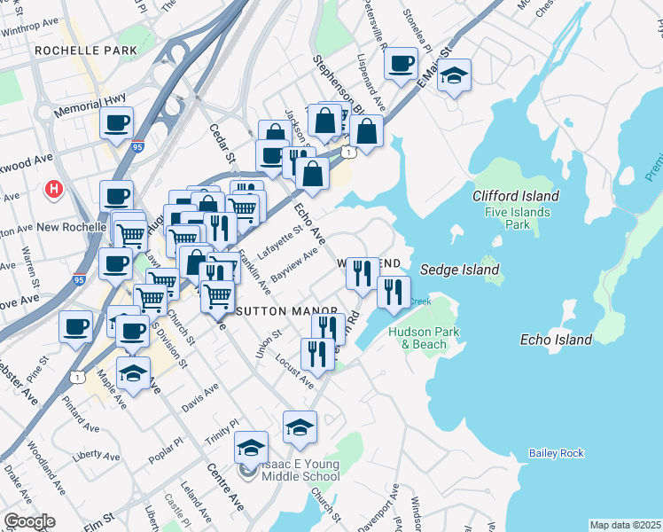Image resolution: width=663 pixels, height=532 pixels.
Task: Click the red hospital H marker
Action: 54,189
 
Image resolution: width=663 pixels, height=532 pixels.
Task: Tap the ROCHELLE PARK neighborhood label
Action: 86,51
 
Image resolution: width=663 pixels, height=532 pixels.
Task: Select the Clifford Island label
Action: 516,196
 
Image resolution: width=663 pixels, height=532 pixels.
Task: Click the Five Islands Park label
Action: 518,219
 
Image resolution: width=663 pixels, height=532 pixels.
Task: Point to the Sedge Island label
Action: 459,270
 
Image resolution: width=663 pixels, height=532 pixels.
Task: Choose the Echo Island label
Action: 555,340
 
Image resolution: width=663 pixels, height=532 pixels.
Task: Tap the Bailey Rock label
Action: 557,453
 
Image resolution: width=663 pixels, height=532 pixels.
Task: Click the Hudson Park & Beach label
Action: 419,337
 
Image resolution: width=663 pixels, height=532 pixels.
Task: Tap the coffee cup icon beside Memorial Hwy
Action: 116,124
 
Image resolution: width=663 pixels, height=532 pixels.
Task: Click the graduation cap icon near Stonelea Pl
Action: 454,76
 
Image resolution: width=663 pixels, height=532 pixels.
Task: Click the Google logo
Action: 29,521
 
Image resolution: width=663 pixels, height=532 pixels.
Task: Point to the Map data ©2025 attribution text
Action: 625,525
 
